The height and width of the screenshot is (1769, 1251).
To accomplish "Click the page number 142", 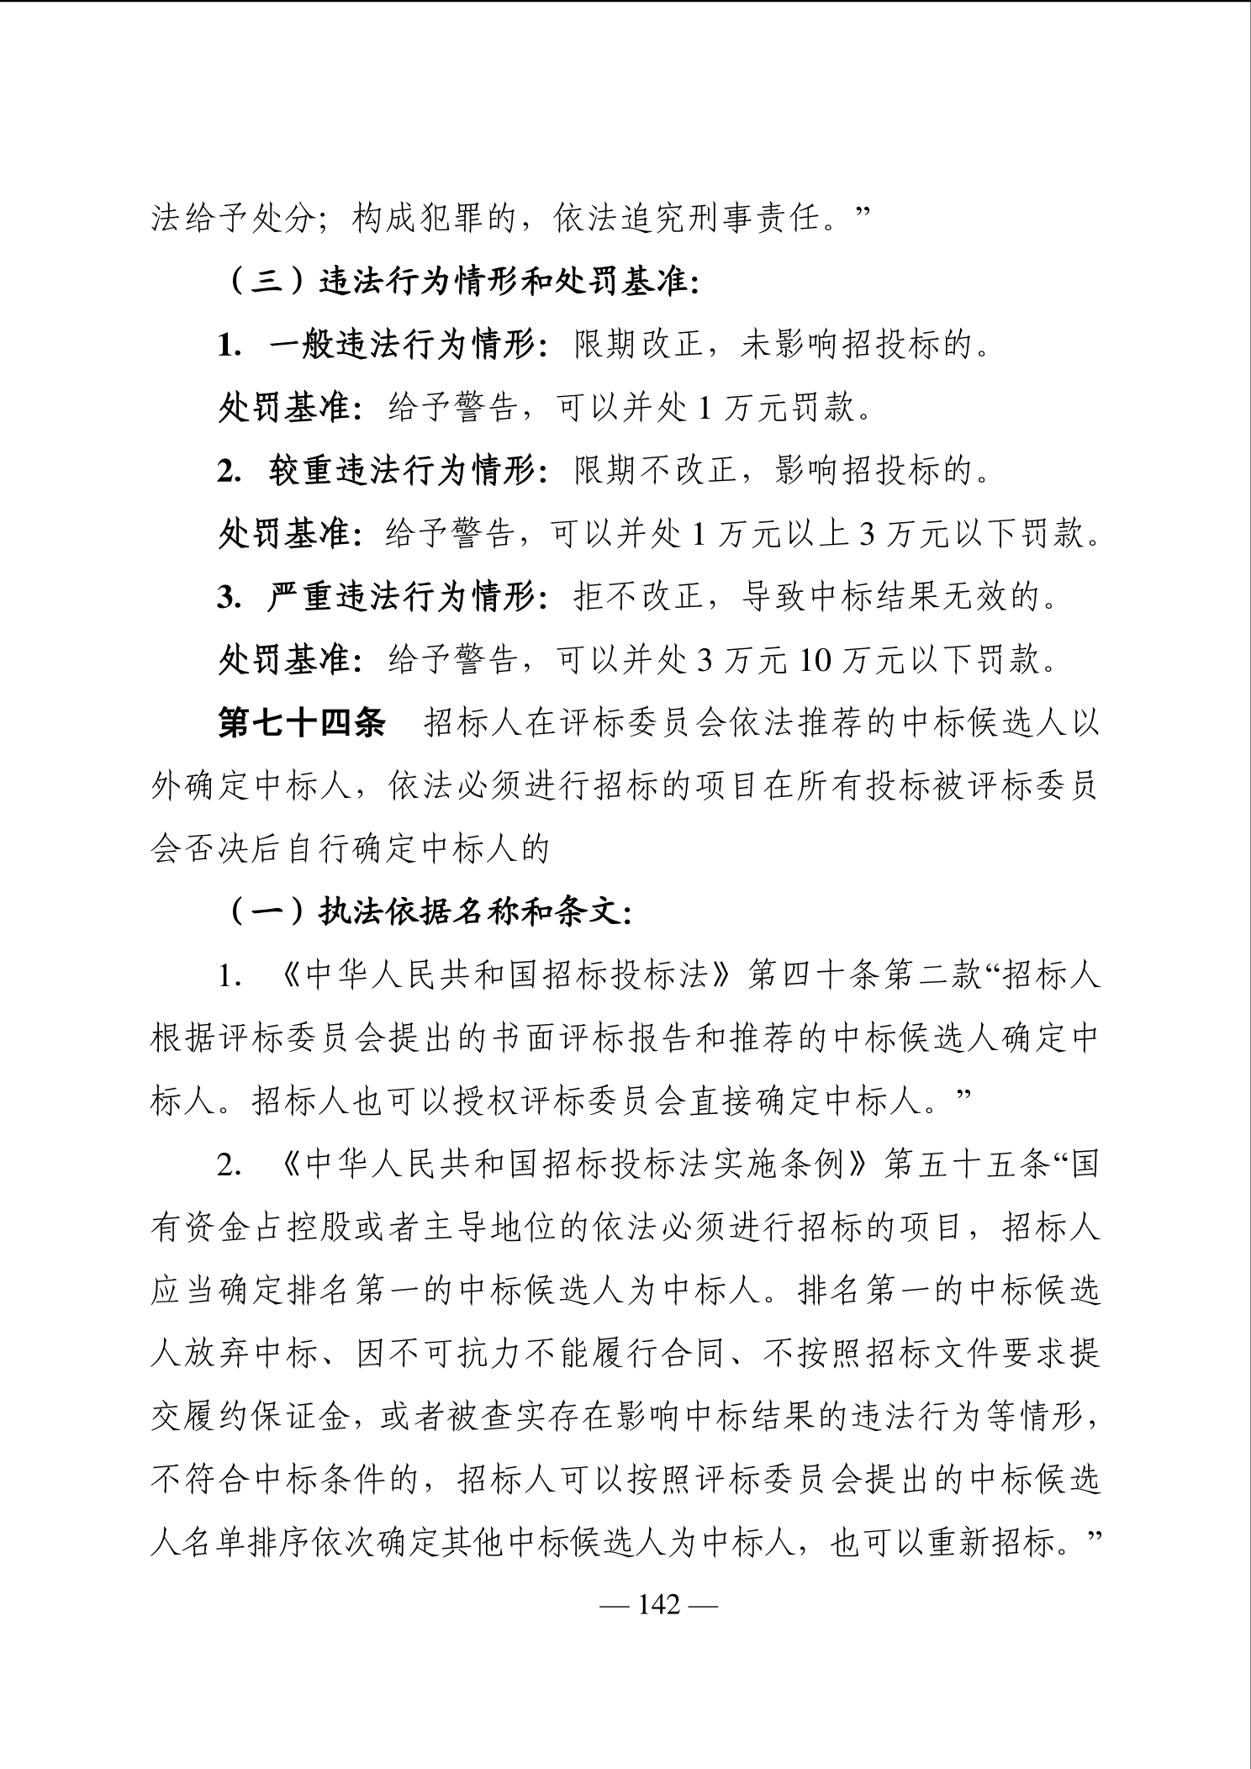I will [x=658, y=1604].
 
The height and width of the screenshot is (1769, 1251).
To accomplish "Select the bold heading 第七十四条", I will [x=302, y=724].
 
